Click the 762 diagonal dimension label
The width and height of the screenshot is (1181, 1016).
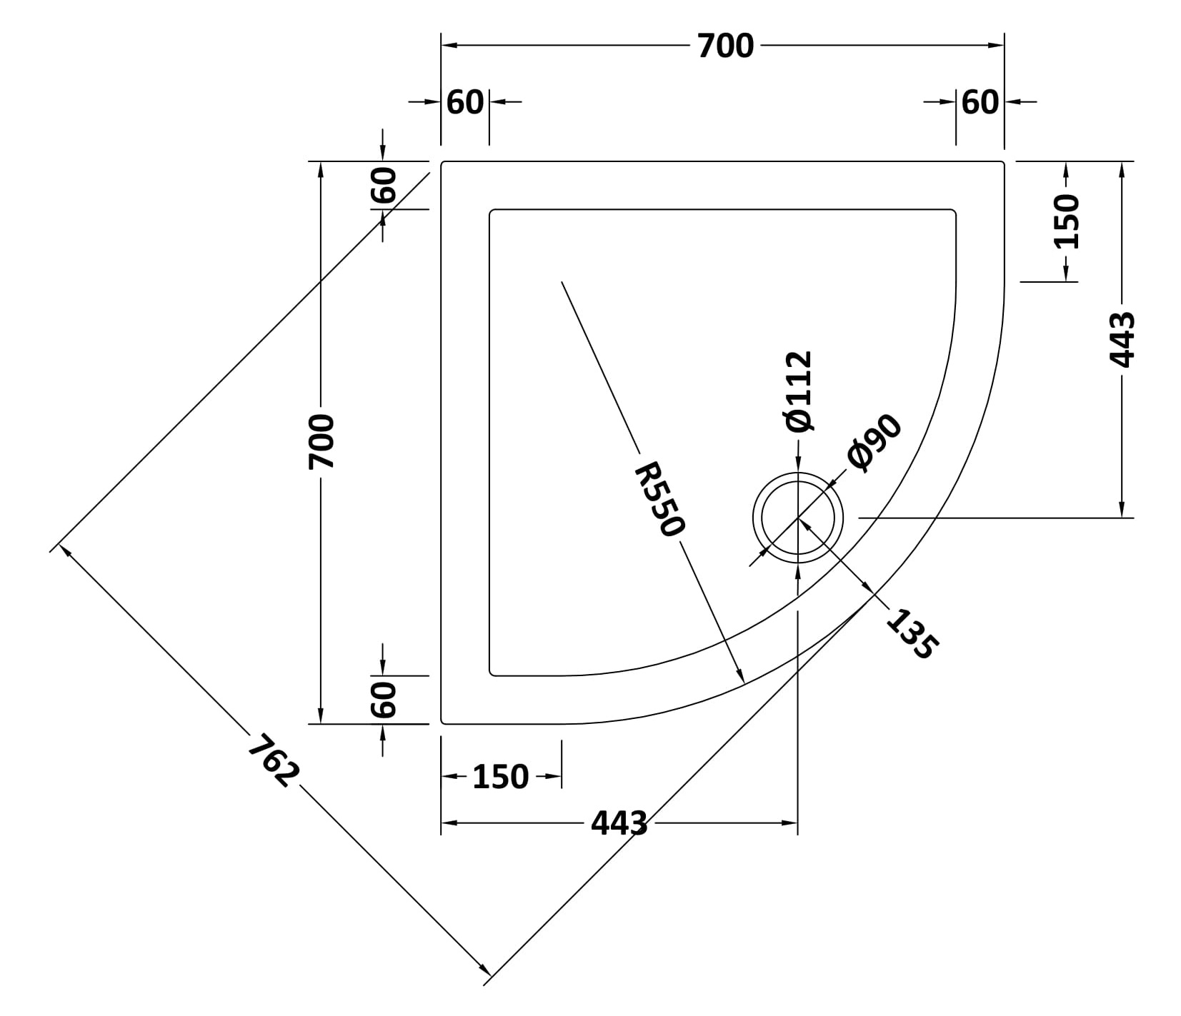point(273,761)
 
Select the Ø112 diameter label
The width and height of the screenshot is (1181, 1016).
point(798,391)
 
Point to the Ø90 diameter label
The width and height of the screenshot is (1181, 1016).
point(874,443)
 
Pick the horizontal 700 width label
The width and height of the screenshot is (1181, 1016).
point(725,46)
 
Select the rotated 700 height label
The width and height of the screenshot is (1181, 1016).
point(321,442)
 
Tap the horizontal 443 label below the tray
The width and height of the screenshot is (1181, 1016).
point(619,823)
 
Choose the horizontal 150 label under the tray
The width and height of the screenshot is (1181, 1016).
point(501,777)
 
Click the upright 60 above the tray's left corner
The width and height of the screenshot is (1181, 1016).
point(465,103)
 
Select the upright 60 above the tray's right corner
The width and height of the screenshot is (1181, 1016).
point(980,103)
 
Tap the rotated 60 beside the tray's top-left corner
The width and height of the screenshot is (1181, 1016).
point(383,185)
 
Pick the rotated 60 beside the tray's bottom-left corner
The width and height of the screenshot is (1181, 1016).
point(383,700)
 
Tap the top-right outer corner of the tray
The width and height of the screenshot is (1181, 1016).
point(1004,162)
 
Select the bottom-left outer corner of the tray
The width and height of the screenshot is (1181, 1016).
point(442,723)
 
